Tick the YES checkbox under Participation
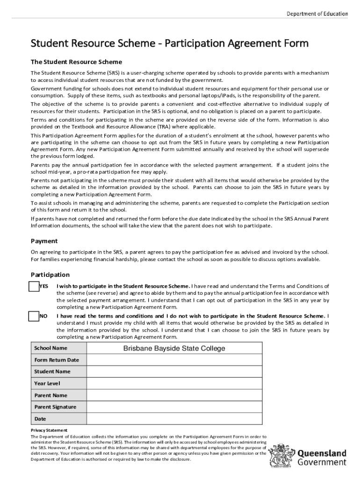coord(34,286)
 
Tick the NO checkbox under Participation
coord(34,316)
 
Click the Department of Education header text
coord(317,14)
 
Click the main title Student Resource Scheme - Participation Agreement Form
coord(170,44)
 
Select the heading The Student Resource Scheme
coord(76,62)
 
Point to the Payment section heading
coord(44,241)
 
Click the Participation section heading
coord(50,275)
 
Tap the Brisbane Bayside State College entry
coord(174,348)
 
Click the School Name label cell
coord(51,348)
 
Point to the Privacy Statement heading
coord(49,430)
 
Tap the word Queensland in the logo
coord(322,453)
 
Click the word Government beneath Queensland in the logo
coord(322,462)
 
